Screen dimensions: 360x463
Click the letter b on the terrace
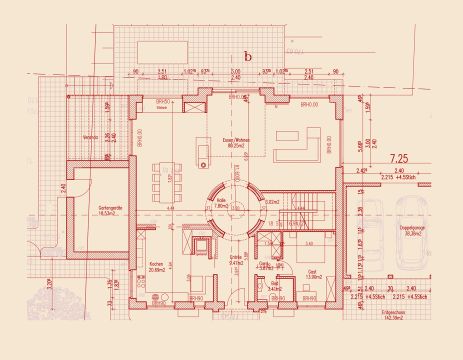pyautogui.click(x=247, y=57)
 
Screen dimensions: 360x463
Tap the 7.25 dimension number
pyautogui.click(x=399, y=157)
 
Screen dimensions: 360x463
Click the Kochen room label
pyautogui.click(x=156, y=267)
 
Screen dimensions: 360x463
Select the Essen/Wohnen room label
pyautogui.click(x=237, y=143)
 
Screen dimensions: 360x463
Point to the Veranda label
pyautogui.click(x=91, y=137)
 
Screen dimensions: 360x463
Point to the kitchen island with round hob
pyautogui.click(x=200, y=150)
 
